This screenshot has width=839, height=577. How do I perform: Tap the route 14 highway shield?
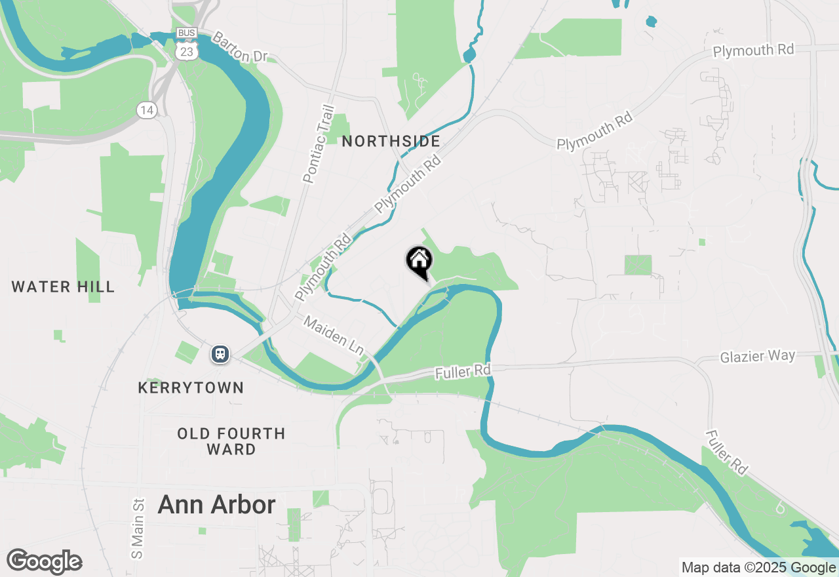(x=147, y=110)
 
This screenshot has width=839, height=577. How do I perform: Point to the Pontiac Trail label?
(x=319, y=144)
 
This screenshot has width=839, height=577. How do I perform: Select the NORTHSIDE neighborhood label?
(x=391, y=141)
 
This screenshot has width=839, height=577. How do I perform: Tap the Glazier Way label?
(x=757, y=357)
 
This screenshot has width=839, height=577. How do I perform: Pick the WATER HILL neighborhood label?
(x=63, y=287)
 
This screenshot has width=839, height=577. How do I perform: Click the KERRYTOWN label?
(x=191, y=388)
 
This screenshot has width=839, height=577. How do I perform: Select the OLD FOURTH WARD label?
(x=231, y=441)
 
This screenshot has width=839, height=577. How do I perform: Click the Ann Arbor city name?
(x=216, y=505)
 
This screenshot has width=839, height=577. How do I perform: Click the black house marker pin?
(x=419, y=262)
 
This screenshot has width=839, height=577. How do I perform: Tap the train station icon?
(x=220, y=354)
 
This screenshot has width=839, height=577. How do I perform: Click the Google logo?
(x=45, y=561)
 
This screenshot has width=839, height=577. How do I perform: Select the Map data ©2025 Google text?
(x=758, y=568)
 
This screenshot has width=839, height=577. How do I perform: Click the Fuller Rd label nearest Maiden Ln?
(x=463, y=372)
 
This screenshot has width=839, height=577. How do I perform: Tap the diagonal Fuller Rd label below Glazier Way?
(x=727, y=452)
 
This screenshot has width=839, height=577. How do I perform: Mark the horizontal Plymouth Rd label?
(x=753, y=50)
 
